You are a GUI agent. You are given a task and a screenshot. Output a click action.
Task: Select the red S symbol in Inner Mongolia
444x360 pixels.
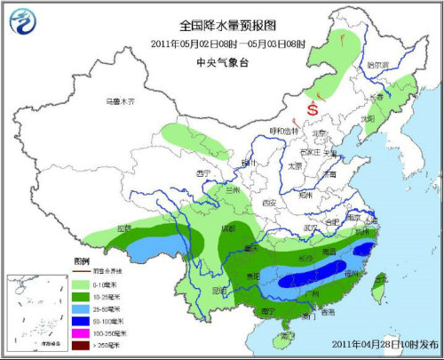(x=313, y=108)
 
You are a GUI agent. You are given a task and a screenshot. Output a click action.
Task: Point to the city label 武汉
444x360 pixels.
(x=309, y=228)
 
